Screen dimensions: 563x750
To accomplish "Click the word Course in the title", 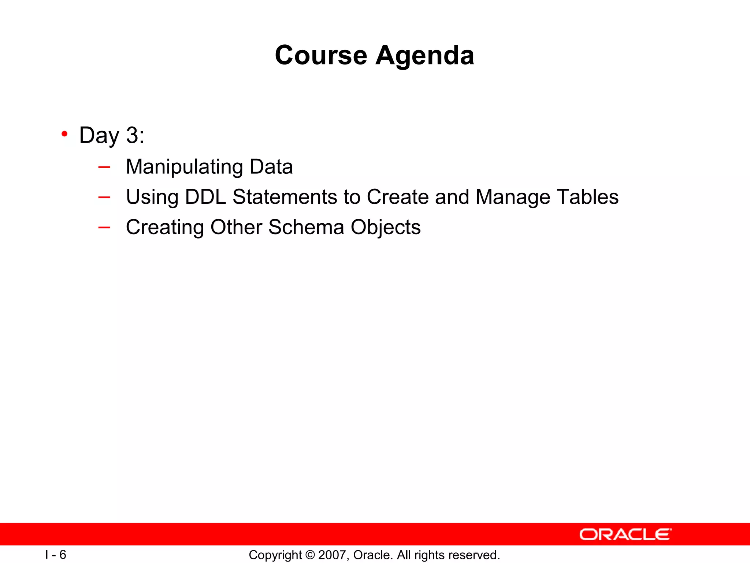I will click(x=321, y=55).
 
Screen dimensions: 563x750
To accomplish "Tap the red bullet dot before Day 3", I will click(x=64, y=134).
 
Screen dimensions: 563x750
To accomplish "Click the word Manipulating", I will click(x=184, y=167).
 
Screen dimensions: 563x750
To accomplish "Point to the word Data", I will click(x=271, y=167).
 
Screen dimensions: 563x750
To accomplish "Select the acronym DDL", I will click(x=205, y=197).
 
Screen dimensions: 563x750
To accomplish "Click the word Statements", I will click(x=285, y=197).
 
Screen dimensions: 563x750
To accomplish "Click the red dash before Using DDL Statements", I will click(x=104, y=198).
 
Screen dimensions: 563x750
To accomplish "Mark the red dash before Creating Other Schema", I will click(x=104, y=228).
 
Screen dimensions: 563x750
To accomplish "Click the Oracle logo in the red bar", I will click(x=625, y=534).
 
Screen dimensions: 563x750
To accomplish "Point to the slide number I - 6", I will click(x=56, y=555).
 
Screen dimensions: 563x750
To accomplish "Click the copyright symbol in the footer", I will click(x=310, y=555).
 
